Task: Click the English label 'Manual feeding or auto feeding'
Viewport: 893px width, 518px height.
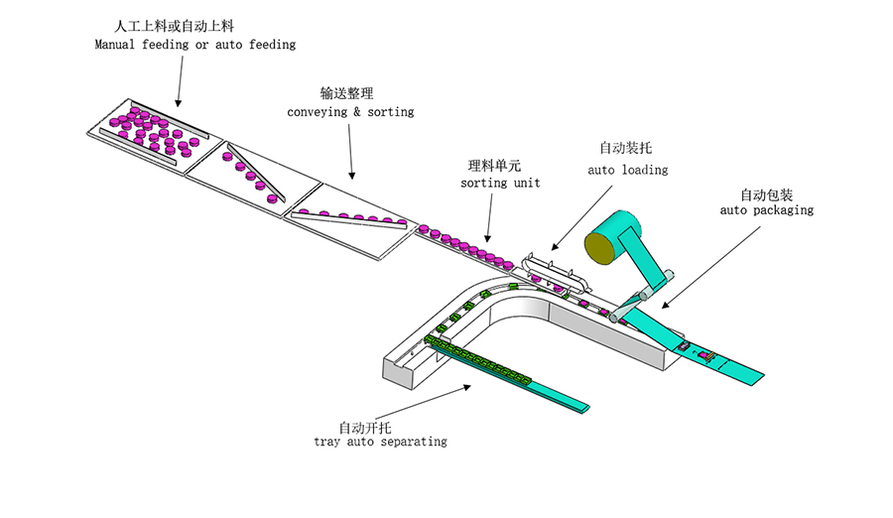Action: coord(194,45)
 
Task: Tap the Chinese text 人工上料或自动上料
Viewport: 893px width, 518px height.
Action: coord(174,24)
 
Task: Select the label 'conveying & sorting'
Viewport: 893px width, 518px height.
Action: coord(350,112)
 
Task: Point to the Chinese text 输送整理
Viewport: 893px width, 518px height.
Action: coord(346,92)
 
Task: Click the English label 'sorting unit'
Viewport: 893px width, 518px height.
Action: coord(500,183)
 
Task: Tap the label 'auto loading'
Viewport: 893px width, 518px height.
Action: coord(627,170)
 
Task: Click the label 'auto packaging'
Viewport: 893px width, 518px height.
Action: coord(766,210)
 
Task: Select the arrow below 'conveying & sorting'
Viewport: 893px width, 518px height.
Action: coord(350,152)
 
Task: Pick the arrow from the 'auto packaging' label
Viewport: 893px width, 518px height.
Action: coord(695,268)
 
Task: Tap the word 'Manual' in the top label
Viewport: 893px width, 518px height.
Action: coord(116,45)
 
